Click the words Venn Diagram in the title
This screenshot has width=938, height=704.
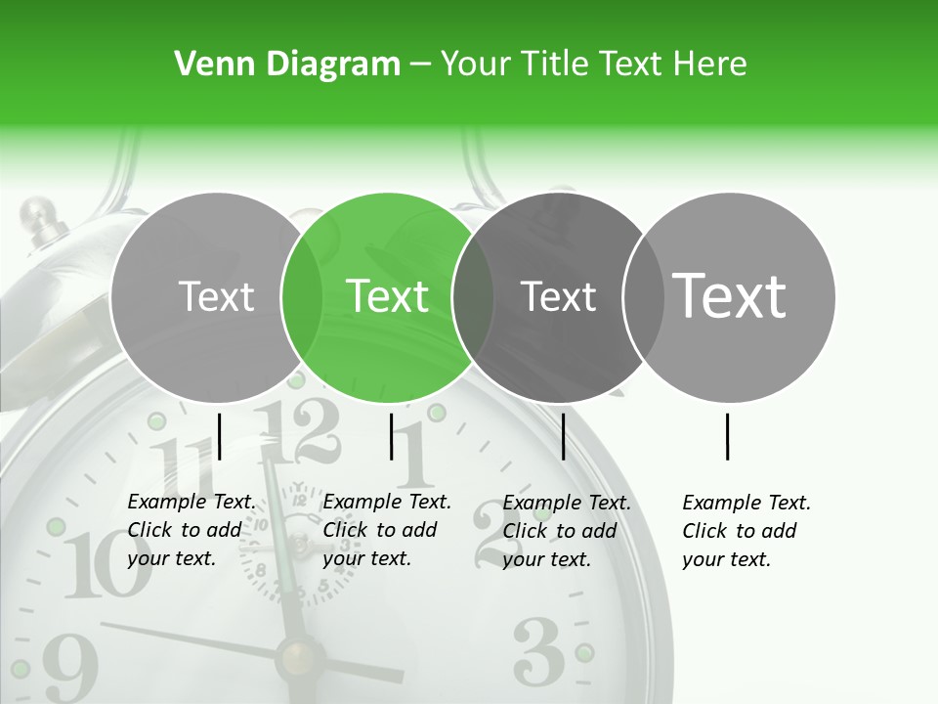287,65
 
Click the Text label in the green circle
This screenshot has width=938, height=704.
388,296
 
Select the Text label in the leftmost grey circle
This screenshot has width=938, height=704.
217,296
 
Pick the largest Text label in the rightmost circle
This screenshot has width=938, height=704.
730,295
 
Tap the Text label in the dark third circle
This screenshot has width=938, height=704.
559,296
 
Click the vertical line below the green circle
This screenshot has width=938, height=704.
391,436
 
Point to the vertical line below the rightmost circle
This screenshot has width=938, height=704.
728,436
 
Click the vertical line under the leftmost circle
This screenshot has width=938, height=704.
220,436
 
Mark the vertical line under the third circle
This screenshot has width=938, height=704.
563,436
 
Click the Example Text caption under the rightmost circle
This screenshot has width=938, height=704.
746,531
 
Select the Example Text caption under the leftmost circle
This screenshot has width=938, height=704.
191,530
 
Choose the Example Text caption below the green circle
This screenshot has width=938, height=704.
386,530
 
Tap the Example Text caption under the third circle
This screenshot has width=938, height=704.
566,531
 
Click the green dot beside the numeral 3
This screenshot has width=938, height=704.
584,652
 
